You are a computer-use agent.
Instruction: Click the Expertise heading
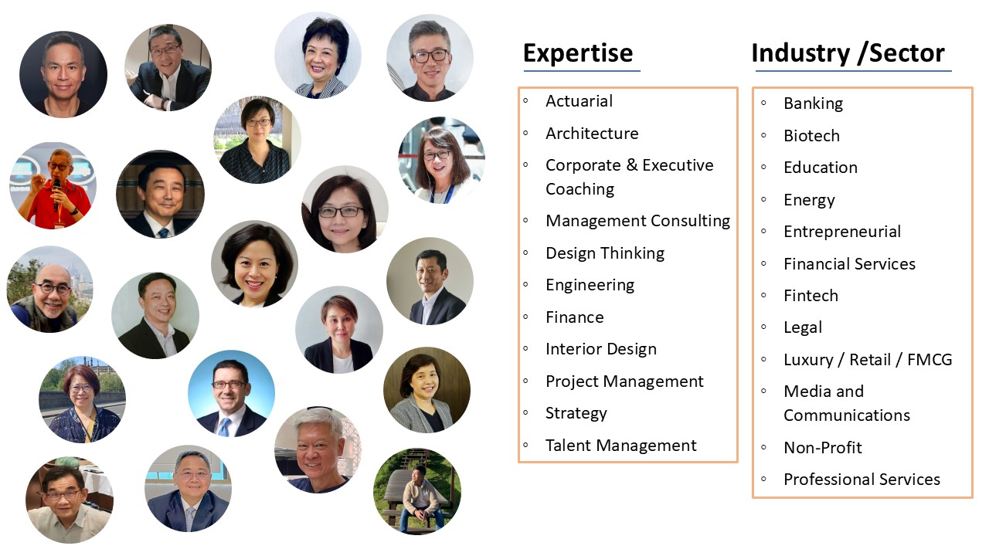578,53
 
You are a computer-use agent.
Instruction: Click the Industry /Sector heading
848,54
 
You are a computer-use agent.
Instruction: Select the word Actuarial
579,101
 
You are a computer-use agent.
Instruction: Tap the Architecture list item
592,134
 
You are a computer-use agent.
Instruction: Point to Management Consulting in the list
638,221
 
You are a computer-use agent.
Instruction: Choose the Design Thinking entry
605,253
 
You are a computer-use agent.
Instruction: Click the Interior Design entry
601,349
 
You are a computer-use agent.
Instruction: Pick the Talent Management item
620,446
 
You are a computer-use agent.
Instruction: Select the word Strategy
576,413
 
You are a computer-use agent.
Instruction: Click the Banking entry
814,103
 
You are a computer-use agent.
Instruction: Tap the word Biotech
811,136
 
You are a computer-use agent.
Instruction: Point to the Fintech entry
811,296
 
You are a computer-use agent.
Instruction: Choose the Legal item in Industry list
803,328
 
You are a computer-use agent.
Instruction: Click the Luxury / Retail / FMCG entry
868,360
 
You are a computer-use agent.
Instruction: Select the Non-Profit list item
823,447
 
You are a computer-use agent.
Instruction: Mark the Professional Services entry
862,480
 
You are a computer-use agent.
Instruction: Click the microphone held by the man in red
56,193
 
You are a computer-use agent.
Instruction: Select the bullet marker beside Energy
764,199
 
